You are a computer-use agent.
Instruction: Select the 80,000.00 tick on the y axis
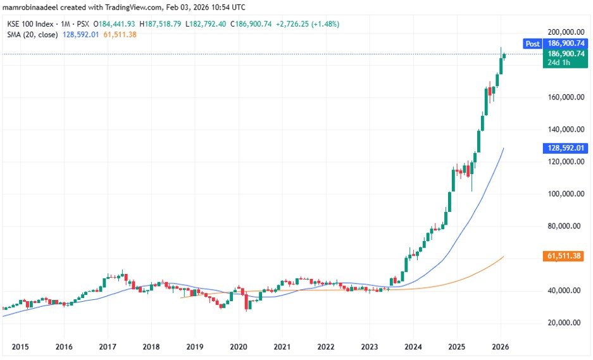tap(565, 227)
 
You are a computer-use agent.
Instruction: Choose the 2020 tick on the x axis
tap(239, 347)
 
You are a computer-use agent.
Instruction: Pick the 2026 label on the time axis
tap(501, 347)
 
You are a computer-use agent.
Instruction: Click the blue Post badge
tap(532, 44)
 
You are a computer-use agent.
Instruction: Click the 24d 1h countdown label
tap(559, 63)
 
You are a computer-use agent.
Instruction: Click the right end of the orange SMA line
tap(503, 256)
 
